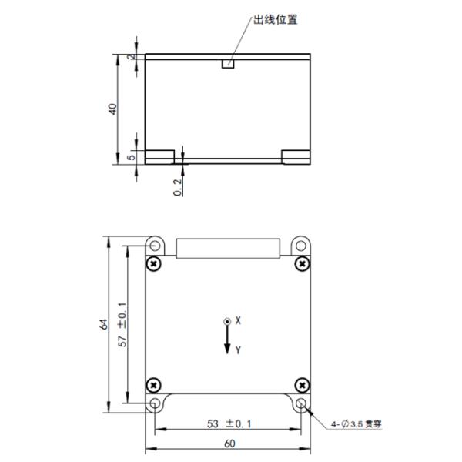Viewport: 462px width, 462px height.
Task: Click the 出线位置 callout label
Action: (x=276, y=19)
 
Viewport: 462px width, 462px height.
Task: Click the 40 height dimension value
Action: (x=113, y=109)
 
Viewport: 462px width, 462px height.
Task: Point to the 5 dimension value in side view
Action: (x=131, y=157)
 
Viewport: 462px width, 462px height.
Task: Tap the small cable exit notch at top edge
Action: (x=227, y=64)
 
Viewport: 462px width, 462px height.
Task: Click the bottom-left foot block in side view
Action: (x=160, y=156)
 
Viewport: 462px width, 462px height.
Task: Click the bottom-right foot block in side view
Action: (x=295, y=156)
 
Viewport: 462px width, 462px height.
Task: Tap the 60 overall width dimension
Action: (x=228, y=445)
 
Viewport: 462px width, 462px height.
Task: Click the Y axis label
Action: (x=239, y=350)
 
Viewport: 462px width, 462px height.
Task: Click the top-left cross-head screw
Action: (x=155, y=264)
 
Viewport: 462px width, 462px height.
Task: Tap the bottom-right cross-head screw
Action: (x=303, y=384)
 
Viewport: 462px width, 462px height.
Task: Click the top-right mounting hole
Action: (x=300, y=245)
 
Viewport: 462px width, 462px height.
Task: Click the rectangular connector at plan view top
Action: (x=227, y=248)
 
